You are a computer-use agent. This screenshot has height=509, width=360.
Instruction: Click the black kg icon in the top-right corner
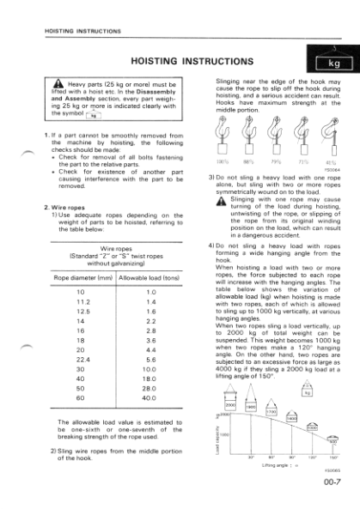(x=330, y=62)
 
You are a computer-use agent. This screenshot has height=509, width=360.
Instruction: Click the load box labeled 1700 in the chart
(x=267, y=412)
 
